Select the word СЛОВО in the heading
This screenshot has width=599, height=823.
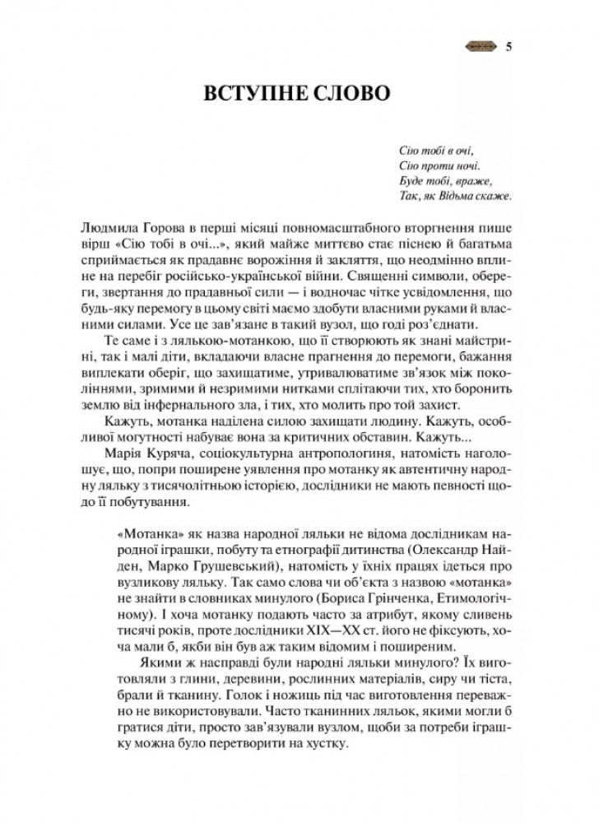354,92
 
